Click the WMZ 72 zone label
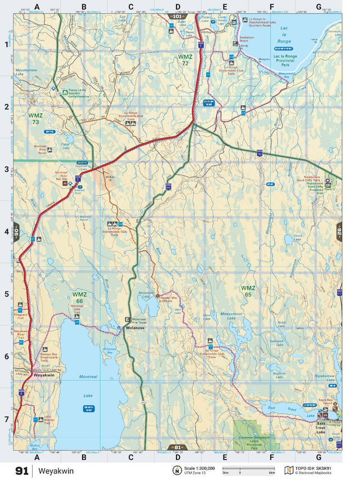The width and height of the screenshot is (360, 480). (184, 60)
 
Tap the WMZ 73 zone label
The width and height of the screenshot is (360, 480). (35, 118)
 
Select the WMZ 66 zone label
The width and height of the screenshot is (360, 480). (80, 297)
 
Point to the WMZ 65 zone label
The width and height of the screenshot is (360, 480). (247, 291)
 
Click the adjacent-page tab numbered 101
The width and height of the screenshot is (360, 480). (177, 17)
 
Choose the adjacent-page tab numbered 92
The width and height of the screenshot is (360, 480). (339, 231)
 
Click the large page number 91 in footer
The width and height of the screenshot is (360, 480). (22, 471)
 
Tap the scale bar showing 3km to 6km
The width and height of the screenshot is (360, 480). (248, 469)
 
